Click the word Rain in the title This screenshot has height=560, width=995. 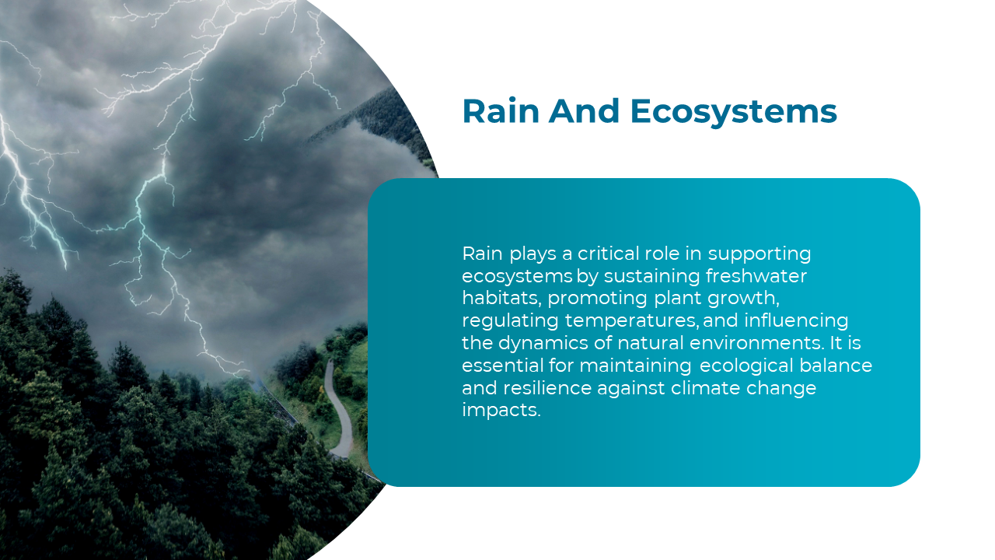click(501, 111)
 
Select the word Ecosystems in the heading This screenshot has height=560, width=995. click(733, 111)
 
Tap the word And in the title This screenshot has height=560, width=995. click(584, 111)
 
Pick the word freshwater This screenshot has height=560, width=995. click(756, 276)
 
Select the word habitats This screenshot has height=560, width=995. click(501, 298)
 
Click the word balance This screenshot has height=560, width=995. click(836, 366)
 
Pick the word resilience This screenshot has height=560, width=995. click(546, 388)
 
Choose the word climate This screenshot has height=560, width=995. click(705, 388)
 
